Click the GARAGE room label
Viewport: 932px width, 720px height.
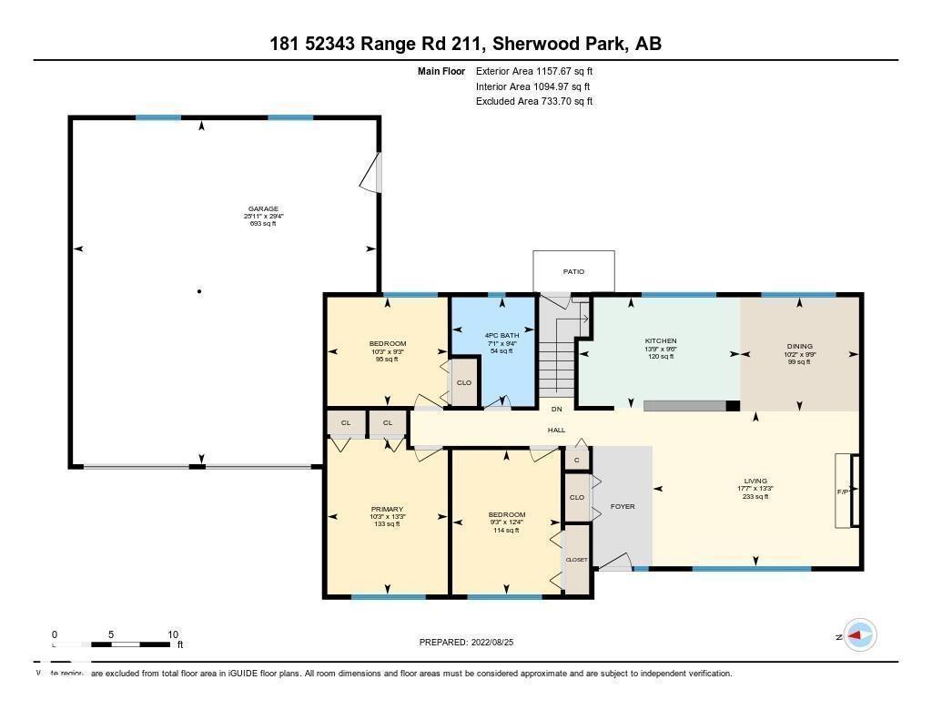pyautogui.click(x=263, y=208)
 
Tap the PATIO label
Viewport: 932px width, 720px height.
pyautogui.click(x=573, y=271)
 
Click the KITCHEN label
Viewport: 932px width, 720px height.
pyautogui.click(x=660, y=340)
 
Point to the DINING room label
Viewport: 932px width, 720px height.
pyautogui.click(x=799, y=346)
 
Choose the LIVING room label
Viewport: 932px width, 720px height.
pyautogui.click(x=755, y=481)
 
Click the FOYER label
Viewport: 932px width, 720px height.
pyautogui.click(x=623, y=506)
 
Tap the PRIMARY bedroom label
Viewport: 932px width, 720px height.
pyautogui.click(x=387, y=509)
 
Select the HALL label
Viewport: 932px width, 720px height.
pyautogui.click(x=556, y=430)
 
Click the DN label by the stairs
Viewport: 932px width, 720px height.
pyautogui.click(x=556, y=410)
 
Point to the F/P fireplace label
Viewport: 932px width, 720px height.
pyautogui.click(x=843, y=492)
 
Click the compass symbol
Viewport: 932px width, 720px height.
pyautogui.click(x=860, y=635)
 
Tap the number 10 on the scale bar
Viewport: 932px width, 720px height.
pyautogui.click(x=173, y=634)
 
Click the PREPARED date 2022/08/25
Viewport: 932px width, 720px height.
pyautogui.click(x=472, y=642)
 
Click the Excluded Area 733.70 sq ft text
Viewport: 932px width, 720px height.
pyautogui.click(x=534, y=102)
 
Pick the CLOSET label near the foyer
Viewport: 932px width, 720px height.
pyautogui.click(x=577, y=560)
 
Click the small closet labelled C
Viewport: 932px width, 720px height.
pyautogui.click(x=576, y=461)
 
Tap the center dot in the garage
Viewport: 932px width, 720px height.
pyautogui.click(x=199, y=291)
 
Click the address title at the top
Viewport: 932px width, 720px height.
pyautogui.click(x=465, y=43)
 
